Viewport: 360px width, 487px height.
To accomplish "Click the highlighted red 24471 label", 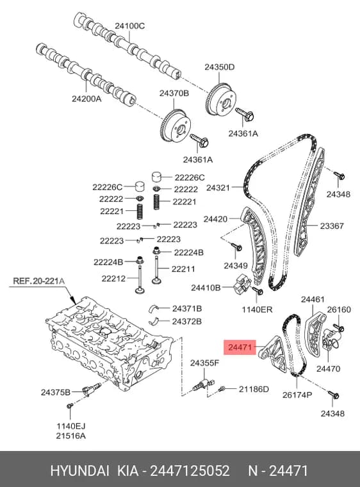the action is pos(240,347).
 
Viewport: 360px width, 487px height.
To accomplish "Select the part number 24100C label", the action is pos(129,26).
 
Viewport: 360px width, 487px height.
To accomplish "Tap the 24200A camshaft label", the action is pos(86,99).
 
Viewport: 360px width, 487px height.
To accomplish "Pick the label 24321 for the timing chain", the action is pos(218,188).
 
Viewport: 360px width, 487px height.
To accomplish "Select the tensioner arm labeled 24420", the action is pos(256,245).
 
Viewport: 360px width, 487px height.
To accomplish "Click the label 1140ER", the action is pos(257,310).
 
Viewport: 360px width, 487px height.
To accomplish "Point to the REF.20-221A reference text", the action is pos(39,281).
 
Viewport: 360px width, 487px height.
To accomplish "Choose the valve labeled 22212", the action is pos(140,276).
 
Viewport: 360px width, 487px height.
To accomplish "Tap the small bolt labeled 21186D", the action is pos(222,388).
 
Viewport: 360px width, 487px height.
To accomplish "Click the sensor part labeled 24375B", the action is pos(91,389).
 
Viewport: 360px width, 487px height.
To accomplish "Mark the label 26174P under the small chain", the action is pos(297,395).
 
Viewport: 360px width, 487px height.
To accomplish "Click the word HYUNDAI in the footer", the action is pos(79,471).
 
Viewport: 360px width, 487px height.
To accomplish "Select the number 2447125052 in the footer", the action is pos(190,471).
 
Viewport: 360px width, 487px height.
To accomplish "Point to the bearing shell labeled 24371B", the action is pos(154,308).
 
